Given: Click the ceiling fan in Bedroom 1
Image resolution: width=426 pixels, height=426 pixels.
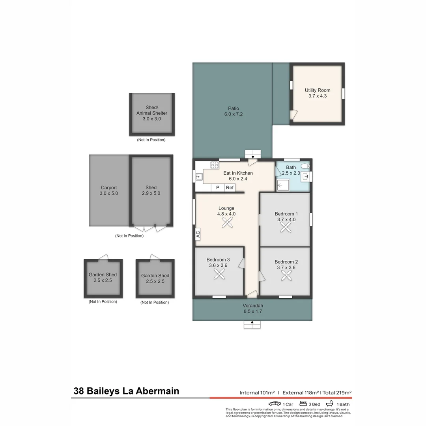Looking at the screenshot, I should [x=285, y=227].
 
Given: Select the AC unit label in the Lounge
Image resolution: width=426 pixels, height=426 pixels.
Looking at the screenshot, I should [x=198, y=234].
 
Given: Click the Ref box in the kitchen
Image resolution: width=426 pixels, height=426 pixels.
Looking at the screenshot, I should [x=230, y=188].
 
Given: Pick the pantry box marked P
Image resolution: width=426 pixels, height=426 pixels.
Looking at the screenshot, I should [x=217, y=188].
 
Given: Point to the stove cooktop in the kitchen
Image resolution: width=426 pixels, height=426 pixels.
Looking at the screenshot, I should [x=215, y=165].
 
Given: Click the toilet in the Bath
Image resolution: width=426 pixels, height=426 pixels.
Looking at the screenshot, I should [x=305, y=166].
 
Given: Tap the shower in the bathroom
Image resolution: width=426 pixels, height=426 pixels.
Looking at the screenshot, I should [x=283, y=185].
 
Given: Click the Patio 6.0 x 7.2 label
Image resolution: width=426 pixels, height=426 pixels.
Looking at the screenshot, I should [x=233, y=111].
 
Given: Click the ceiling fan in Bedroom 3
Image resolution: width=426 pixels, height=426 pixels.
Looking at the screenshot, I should [x=219, y=275].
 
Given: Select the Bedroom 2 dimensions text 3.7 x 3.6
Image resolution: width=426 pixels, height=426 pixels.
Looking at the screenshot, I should [x=286, y=267].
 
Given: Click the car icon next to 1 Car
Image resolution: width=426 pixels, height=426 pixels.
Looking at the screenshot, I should [x=275, y=404].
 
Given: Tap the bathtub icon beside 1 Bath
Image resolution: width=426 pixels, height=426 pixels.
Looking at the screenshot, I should [x=329, y=404].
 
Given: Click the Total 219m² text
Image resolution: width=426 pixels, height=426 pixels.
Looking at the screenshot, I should [x=337, y=392].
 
